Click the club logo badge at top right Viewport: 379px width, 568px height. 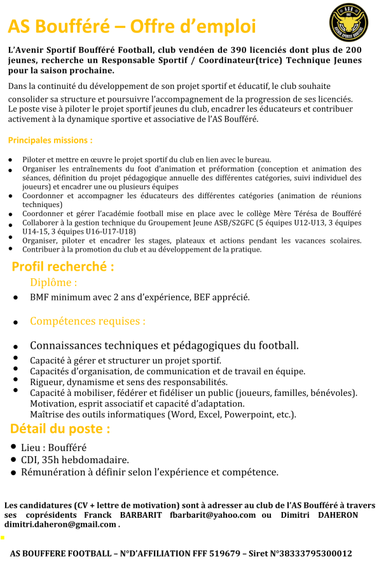click(x=348, y=22)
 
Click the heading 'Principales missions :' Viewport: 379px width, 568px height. click(x=50, y=140)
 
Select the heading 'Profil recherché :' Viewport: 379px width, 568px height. click(x=63, y=267)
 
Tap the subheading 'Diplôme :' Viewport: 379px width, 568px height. click(x=53, y=283)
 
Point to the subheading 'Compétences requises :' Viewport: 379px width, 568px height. click(x=87, y=321)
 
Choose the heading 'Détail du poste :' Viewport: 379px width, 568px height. click(x=60, y=429)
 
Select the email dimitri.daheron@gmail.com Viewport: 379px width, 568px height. click(x=60, y=525)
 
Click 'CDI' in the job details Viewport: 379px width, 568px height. click(x=29, y=460)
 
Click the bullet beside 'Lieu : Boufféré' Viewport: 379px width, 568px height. click(x=14, y=447)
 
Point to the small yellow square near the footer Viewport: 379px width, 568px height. click(x=3, y=538)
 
